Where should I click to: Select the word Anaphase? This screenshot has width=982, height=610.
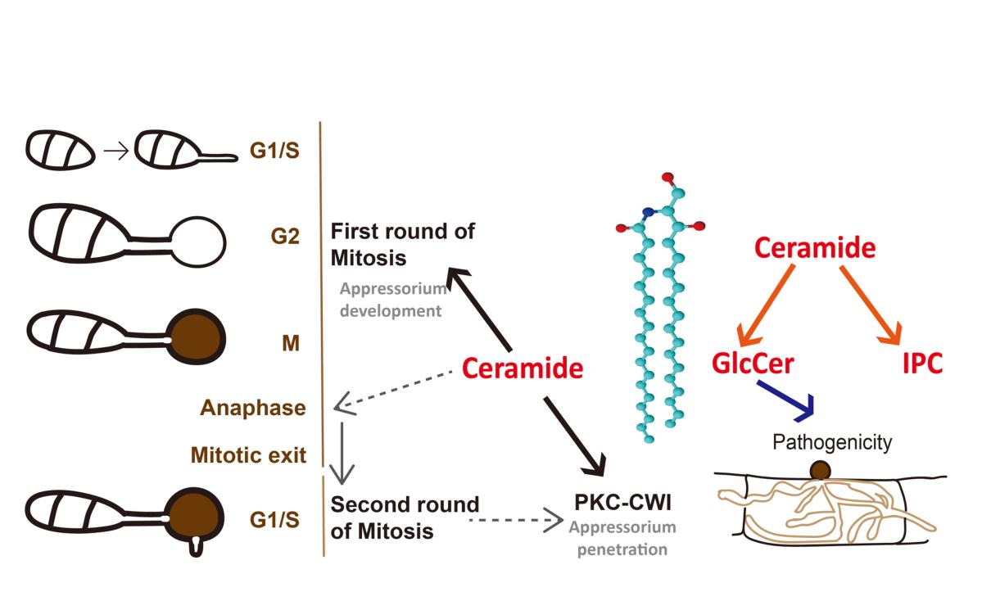tap(253, 407)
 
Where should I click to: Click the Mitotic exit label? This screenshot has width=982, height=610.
tap(248, 454)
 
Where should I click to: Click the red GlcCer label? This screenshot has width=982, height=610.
tap(753, 363)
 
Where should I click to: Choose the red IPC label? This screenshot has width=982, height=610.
tap(922, 363)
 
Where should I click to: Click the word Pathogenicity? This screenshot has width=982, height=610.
tap(832, 443)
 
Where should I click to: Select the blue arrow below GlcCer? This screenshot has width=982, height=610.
tap(788, 397)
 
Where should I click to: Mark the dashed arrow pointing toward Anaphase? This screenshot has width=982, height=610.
tap(393, 388)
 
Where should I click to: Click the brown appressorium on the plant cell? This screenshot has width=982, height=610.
tap(821, 471)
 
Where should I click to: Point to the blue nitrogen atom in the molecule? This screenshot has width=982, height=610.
tap(649, 213)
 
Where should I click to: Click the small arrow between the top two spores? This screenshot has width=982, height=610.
tap(117, 151)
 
